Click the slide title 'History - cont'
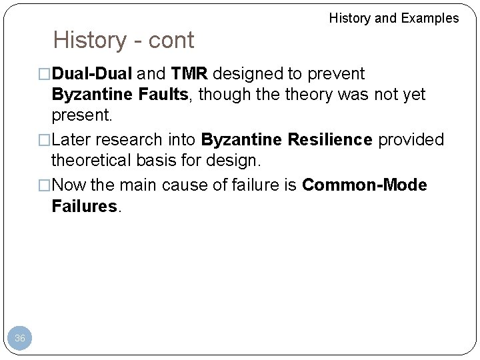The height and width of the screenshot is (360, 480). [x=123, y=41]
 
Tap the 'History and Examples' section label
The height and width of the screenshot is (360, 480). [x=394, y=18]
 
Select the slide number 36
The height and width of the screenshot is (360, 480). [x=20, y=339]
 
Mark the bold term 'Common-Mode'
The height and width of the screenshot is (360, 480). [x=364, y=185]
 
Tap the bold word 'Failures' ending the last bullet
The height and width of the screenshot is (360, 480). [x=84, y=207]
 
